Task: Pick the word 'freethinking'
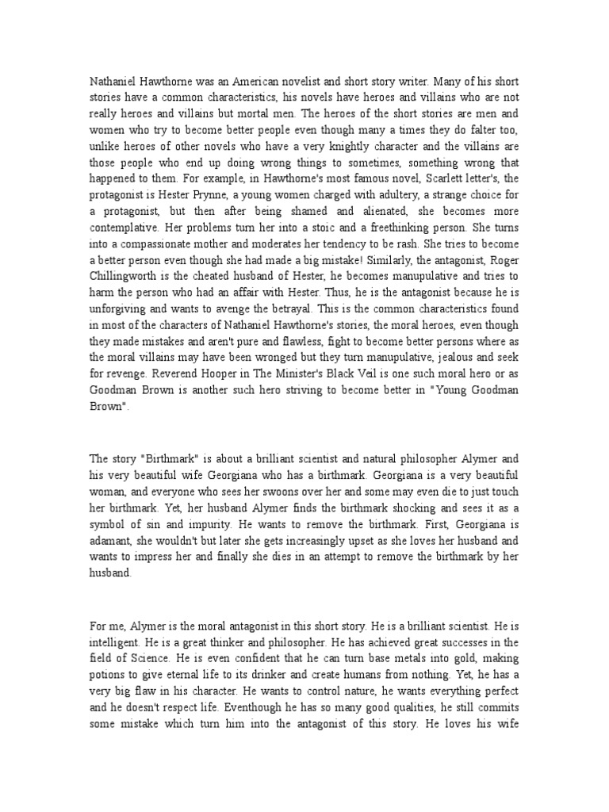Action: (374, 259)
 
